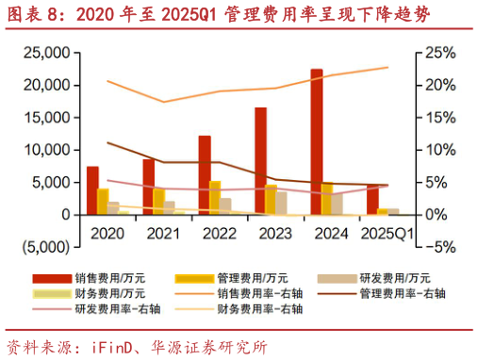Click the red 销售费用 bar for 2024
pos(317,141)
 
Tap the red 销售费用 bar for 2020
pos(92,190)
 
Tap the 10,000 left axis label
pos(46,150)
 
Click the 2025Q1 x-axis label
pos(384,232)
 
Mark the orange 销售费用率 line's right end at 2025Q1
pos(387,67)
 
